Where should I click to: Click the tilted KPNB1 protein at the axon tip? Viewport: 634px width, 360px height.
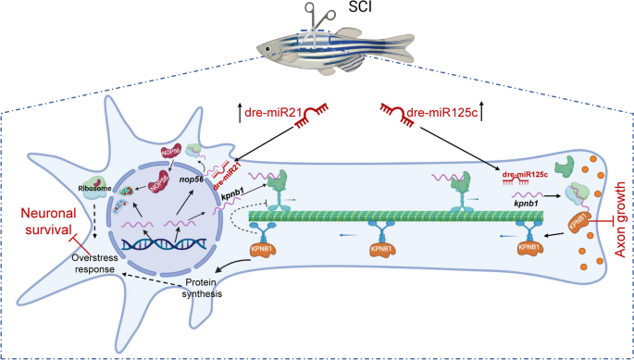point(580,227)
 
